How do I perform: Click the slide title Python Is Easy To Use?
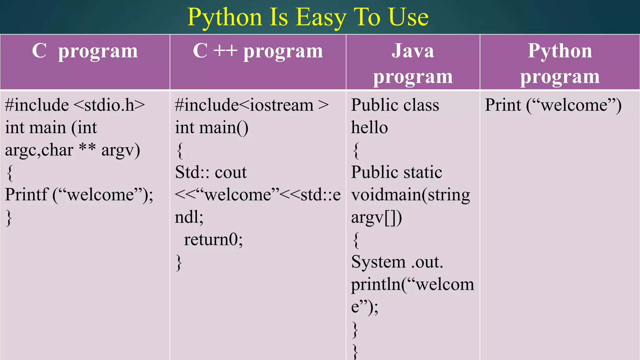[308, 17]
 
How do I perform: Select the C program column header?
[85, 51]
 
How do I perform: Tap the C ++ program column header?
[258, 51]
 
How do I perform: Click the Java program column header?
[413, 63]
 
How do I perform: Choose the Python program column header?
[560, 63]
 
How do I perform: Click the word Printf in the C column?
[27, 195]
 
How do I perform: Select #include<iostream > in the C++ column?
[252, 105]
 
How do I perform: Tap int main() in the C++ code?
[212, 127]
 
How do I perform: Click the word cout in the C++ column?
[231, 172]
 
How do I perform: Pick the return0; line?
[213, 240]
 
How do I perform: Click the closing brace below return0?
[179, 262]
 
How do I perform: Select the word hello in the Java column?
[369, 127]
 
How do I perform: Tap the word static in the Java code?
[422, 172]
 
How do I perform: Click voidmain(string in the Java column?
[410, 195]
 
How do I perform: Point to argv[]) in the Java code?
[377, 217]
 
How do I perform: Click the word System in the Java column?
[378, 262]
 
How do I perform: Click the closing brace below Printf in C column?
[9, 217]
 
